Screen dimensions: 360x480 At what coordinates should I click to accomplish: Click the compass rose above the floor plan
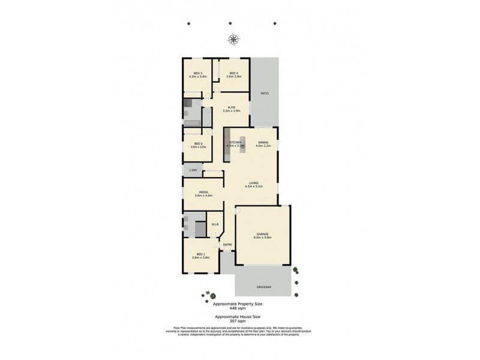point(233,40)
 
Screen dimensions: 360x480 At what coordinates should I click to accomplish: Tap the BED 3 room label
point(197,73)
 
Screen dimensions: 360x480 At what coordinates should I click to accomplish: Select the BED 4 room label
point(234,73)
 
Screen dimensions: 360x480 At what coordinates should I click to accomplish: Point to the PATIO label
point(264,94)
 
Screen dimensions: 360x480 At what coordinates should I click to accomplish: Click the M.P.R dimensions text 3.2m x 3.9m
point(232,111)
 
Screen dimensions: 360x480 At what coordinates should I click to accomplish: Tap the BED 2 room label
point(197,143)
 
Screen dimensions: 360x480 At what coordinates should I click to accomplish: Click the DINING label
point(263,142)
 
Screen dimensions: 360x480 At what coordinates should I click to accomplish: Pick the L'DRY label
point(193,170)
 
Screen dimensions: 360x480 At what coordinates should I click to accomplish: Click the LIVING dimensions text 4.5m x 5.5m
point(254,187)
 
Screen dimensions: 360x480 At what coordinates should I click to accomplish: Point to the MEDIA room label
point(203,192)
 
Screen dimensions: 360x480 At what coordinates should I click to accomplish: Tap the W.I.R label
point(214,224)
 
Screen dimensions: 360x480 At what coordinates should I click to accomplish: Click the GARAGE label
point(263,234)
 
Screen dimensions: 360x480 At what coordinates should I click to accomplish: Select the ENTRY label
point(227,244)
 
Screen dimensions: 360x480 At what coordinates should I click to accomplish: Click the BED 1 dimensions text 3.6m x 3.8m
point(201,257)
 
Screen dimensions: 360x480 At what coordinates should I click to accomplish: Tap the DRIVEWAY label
point(264,287)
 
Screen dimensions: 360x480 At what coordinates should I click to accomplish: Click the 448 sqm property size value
point(238,308)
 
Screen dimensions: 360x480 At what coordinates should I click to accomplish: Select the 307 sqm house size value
point(238,321)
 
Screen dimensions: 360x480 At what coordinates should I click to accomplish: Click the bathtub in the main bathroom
point(192,122)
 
